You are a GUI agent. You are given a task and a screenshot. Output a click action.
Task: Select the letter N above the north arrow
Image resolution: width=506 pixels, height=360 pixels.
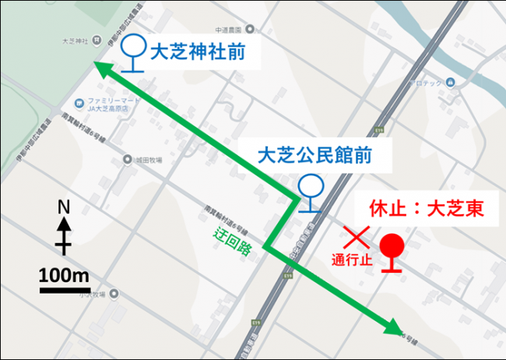[65, 206]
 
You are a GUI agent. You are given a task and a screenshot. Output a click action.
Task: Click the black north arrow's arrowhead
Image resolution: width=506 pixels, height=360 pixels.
[65, 224]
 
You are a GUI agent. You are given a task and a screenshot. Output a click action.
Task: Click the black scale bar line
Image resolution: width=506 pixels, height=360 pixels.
[65, 291]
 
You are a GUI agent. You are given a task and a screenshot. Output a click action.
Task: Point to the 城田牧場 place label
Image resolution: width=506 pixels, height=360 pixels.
[146, 160]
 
